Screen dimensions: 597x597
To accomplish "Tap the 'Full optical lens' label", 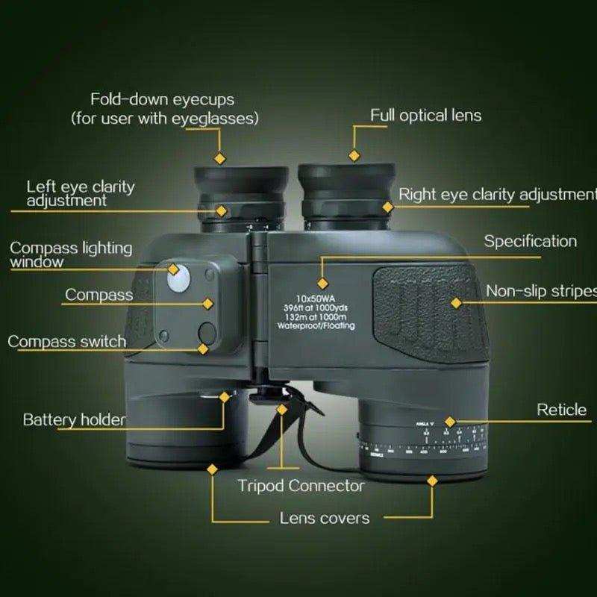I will click(426, 115).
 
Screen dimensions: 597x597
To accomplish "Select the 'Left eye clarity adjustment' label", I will click(81, 193).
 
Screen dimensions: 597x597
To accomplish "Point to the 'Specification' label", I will click(530, 241).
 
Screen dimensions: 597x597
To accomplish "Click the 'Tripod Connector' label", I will click(301, 486).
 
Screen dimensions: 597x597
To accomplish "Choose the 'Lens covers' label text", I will click(324, 517).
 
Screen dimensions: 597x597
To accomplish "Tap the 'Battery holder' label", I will click(74, 419).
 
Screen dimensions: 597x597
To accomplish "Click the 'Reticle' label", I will click(561, 410).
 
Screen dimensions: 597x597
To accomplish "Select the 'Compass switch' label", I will click(66, 342).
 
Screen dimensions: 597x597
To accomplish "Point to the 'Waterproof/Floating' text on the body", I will click(316, 326).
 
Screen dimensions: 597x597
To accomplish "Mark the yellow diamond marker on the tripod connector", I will click(282, 409).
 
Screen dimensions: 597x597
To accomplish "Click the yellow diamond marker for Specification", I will click(322, 283).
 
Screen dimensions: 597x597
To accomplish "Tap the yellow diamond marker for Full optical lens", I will click(354, 156).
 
